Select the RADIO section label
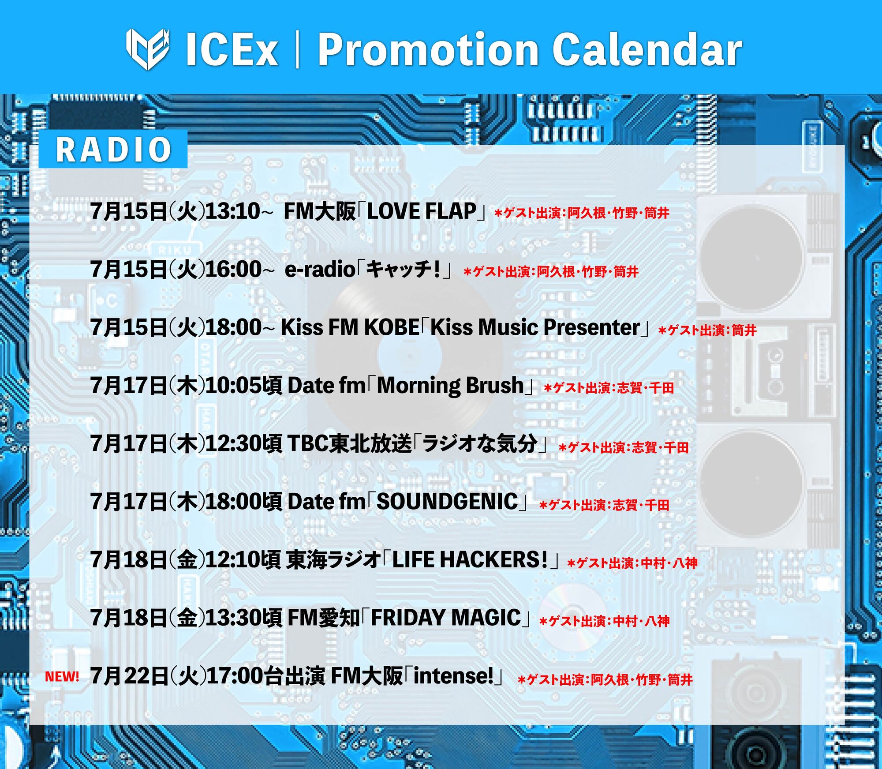click(x=113, y=149)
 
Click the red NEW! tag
click(x=62, y=676)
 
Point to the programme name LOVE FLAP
click(x=422, y=211)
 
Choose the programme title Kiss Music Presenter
click(x=535, y=327)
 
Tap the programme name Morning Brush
click(x=450, y=386)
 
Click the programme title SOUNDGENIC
click(x=447, y=502)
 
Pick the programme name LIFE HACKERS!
click(x=470, y=559)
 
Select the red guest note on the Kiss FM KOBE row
click(x=707, y=330)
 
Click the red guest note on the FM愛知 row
click(x=604, y=621)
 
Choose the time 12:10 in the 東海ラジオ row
click(x=234, y=559)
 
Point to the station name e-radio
click(x=320, y=269)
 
